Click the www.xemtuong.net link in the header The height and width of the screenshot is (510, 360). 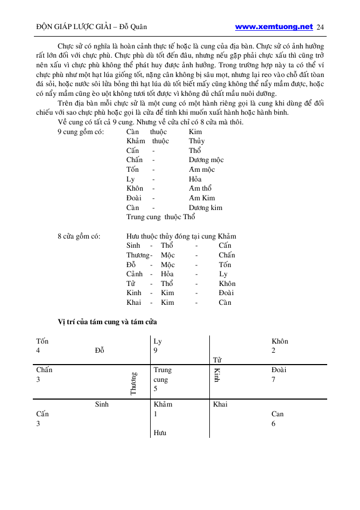click(x=274, y=26)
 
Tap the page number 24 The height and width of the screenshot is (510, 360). click(x=321, y=27)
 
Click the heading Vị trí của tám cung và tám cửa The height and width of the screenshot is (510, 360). click(x=107, y=322)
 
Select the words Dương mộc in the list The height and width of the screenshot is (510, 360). click(x=206, y=160)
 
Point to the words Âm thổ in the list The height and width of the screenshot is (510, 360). click(x=200, y=188)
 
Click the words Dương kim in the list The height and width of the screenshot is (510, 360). click(x=206, y=208)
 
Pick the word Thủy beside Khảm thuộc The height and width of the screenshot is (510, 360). click(x=196, y=141)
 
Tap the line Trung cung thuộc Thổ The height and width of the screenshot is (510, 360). click(x=160, y=217)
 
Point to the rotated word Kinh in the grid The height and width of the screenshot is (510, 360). click(x=217, y=375)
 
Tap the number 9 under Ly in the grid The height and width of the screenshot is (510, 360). click(x=156, y=351)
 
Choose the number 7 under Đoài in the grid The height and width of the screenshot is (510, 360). click(x=274, y=379)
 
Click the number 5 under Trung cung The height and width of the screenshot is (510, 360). click(x=156, y=388)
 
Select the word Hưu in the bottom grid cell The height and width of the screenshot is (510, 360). click(x=160, y=432)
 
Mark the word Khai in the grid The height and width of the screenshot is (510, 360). click(x=220, y=404)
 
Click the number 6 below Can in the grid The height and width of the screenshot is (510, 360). click(x=274, y=423)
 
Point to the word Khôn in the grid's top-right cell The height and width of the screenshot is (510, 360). click(x=280, y=341)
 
